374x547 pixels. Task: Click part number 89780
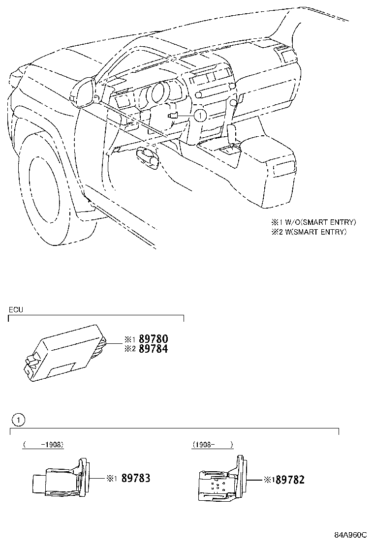pyautogui.click(x=154, y=339)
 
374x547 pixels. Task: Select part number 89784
pyautogui.click(x=154, y=349)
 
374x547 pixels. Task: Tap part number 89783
pyautogui.click(x=135, y=478)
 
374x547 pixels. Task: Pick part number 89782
pyautogui.click(x=290, y=480)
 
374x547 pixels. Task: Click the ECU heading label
pyautogui.click(x=15, y=310)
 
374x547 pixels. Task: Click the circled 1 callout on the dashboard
pyautogui.click(x=200, y=115)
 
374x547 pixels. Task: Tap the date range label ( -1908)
pyautogui.click(x=43, y=444)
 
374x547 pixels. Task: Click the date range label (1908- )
pyautogui.click(x=212, y=444)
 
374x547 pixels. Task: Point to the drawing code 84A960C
pyautogui.click(x=351, y=535)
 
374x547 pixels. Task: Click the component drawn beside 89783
pyautogui.click(x=60, y=477)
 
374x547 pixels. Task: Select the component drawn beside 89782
pyautogui.click(x=219, y=480)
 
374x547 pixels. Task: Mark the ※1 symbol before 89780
pyautogui.click(x=129, y=339)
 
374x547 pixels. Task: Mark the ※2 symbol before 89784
pyautogui.click(x=129, y=349)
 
